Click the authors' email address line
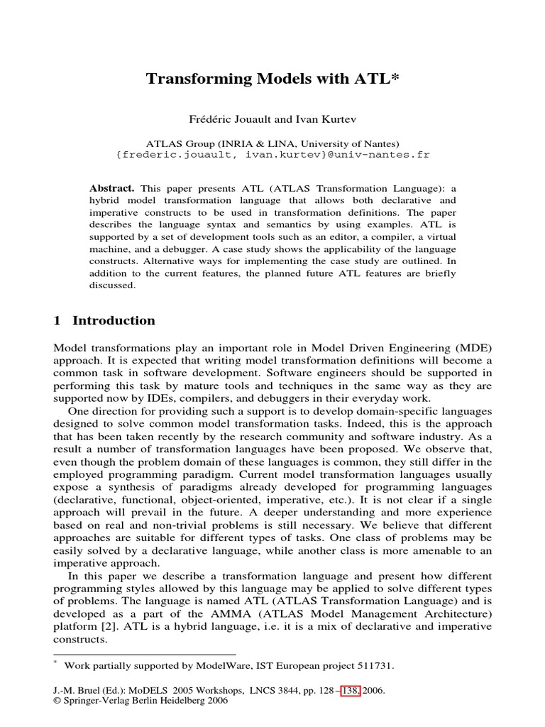tap(272, 154)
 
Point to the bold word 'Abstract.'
tap(111, 188)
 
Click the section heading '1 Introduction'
tap(104, 320)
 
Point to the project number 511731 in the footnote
tap(373, 665)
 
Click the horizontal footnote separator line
tap(145, 654)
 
